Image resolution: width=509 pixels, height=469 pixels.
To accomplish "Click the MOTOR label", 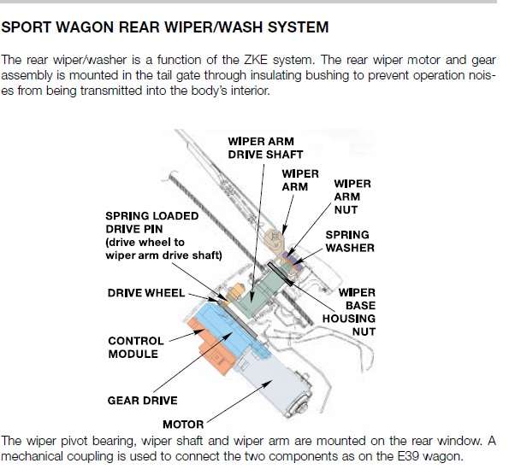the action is (183, 425).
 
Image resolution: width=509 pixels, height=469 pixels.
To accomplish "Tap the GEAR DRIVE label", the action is (143, 401).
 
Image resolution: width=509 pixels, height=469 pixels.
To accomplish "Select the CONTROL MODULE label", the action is (136, 348).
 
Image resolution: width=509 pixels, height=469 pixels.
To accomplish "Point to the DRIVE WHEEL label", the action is (146, 293).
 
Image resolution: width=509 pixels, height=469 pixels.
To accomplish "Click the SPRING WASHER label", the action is (350, 241).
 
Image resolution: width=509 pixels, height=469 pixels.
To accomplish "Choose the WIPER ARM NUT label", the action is (352, 196).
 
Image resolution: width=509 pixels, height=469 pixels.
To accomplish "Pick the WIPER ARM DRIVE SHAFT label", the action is (265, 148).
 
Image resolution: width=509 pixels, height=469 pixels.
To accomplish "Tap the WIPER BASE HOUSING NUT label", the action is (349, 312).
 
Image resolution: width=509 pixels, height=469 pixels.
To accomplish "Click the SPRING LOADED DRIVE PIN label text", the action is (164, 236).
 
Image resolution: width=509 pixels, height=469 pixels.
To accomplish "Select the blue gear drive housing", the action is (228, 327).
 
